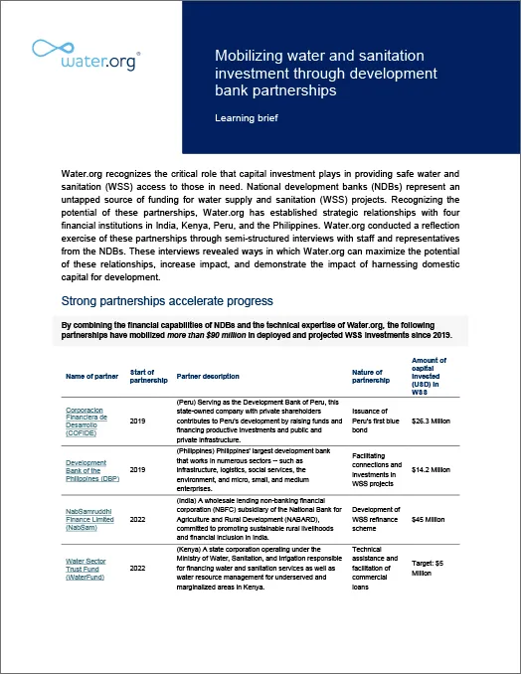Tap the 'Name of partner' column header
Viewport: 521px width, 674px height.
coord(90,377)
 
